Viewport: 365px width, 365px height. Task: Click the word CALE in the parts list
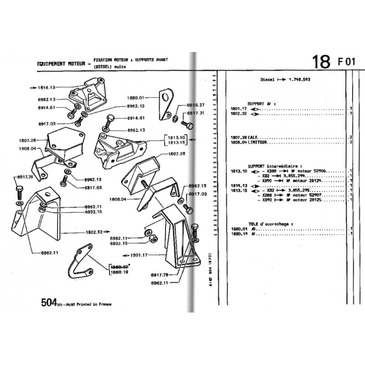click(253, 137)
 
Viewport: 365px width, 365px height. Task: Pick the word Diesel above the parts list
click(267, 79)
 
